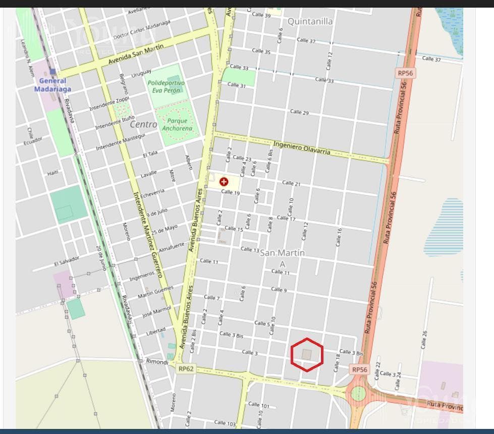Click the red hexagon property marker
coord(307,355)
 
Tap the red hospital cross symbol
coord(224,182)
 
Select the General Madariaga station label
coord(52,85)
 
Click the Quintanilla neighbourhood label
coord(310,21)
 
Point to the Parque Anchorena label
coord(177,124)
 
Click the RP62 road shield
coord(185,369)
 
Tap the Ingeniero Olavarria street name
coord(302,148)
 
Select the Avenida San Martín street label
coord(136,54)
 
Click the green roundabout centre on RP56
coord(358,393)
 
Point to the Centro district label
coord(143,124)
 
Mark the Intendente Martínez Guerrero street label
coord(147,234)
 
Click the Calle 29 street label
coord(299,112)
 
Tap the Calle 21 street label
coord(291,183)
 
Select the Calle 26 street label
coord(424,339)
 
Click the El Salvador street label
coord(66,262)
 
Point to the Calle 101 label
coord(259,405)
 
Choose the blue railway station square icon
coord(52,72)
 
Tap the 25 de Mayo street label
coord(164,230)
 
